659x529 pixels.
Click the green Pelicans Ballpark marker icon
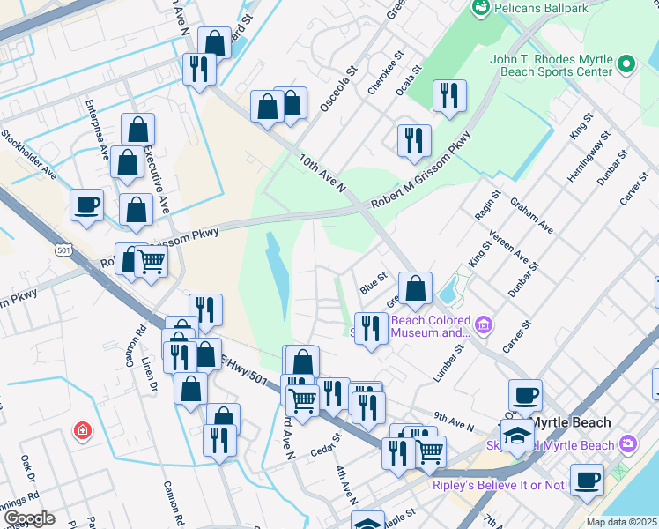pyautogui.click(x=481, y=8)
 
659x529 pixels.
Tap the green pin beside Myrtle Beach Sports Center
pyautogui.click(x=626, y=64)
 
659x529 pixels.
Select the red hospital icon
pyautogui.click(x=82, y=430)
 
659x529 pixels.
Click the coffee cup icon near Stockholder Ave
pyautogui.click(x=87, y=205)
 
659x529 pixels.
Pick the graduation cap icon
pyautogui.click(x=518, y=435)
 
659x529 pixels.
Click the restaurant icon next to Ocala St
pyautogui.click(x=449, y=95)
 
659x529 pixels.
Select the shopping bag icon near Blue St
pyautogui.click(x=415, y=287)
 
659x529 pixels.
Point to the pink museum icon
pyautogui.click(x=482, y=326)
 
